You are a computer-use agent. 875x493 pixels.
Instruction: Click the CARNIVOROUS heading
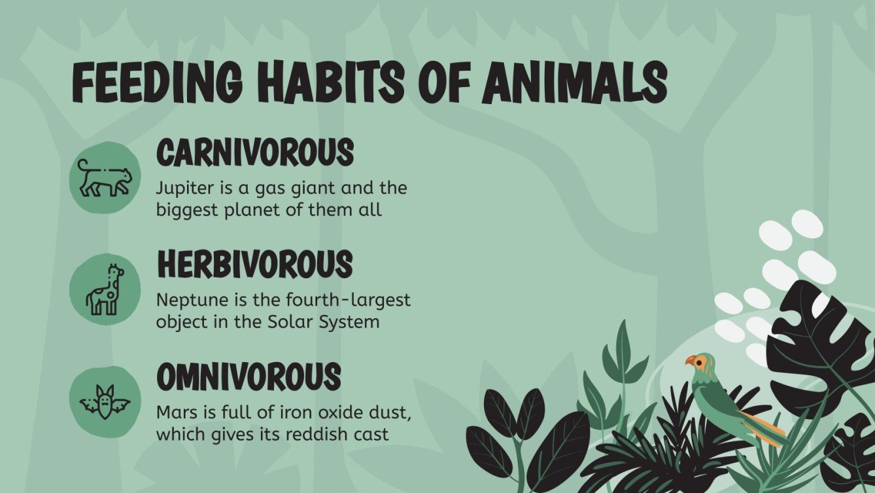click(x=254, y=153)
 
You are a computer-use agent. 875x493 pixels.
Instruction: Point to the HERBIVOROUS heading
click(x=254, y=265)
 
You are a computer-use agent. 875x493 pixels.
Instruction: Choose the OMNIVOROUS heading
click(x=249, y=376)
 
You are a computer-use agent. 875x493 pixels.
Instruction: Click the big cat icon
click(x=105, y=179)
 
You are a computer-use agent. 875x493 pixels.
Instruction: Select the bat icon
click(x=105, y=401)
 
